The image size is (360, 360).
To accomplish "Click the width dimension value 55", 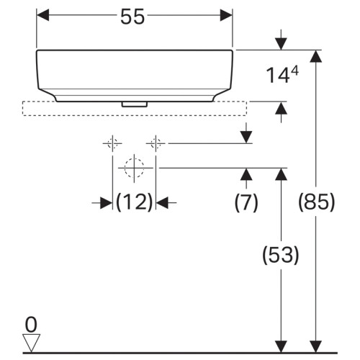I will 135,18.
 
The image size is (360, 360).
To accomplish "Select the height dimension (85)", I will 316,203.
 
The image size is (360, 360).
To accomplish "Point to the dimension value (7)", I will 246,203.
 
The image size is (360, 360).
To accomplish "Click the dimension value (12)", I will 135,203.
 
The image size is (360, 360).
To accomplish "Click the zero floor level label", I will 30,322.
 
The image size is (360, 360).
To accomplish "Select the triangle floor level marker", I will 30,341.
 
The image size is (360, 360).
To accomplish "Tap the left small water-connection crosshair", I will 112,143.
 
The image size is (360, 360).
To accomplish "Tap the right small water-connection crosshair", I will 156,143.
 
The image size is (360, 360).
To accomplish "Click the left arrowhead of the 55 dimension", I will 42,14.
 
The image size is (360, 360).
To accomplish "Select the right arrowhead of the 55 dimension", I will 227,14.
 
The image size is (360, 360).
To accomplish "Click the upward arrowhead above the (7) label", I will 246,174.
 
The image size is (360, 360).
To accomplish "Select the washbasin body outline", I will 135,72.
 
